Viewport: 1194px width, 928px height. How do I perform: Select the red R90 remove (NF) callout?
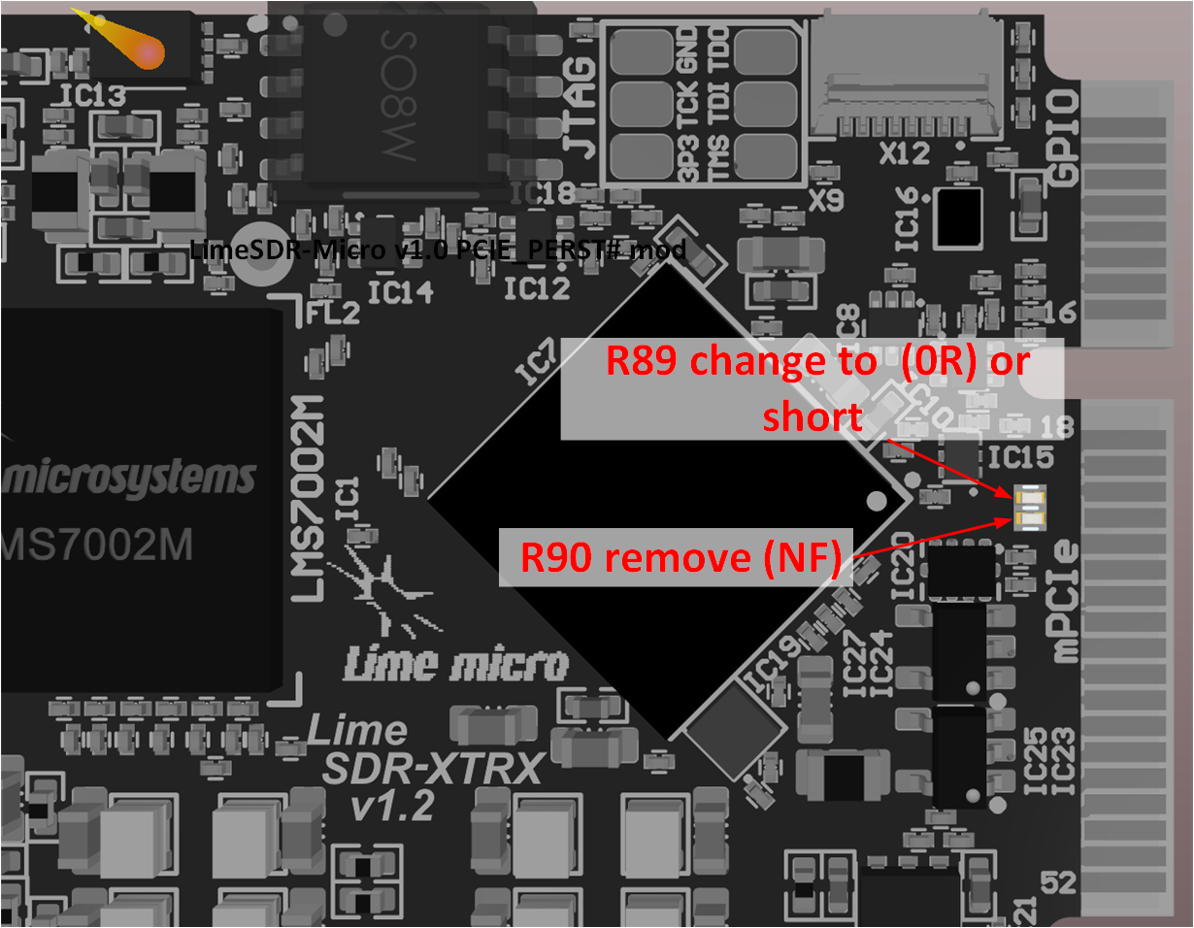[676, 558]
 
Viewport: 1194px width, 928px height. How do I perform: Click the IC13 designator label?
[92, 95]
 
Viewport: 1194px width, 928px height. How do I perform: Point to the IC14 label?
[400, 290]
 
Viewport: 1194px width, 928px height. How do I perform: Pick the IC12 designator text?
[536, 288]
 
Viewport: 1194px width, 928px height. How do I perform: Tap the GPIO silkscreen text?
[1065, 136]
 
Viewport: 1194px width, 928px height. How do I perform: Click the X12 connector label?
[905, 152]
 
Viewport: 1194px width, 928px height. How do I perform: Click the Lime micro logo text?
[456, 665]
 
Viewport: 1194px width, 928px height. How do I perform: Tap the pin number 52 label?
[1058, 882]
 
